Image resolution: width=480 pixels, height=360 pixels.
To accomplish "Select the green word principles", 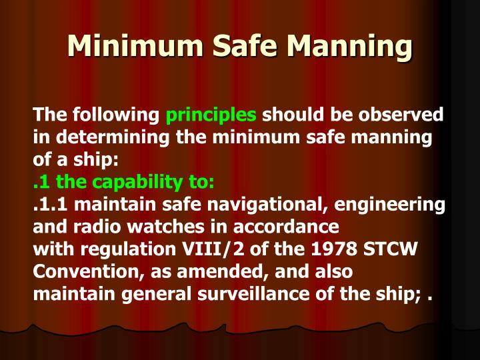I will click(211, 115).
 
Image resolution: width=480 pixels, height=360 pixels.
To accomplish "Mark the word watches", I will click(144, 227).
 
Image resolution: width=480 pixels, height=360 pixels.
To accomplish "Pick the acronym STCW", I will click(394, 249).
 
